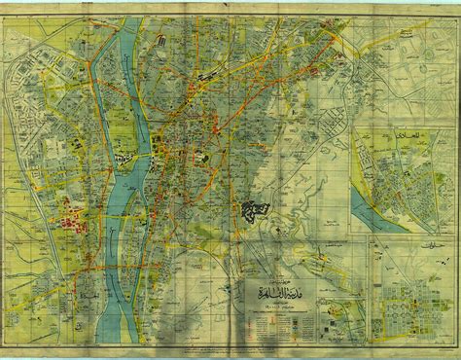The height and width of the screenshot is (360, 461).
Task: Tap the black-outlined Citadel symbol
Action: tap(255, 207)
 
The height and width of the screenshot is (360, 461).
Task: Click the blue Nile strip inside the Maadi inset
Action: tap(374, 204)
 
